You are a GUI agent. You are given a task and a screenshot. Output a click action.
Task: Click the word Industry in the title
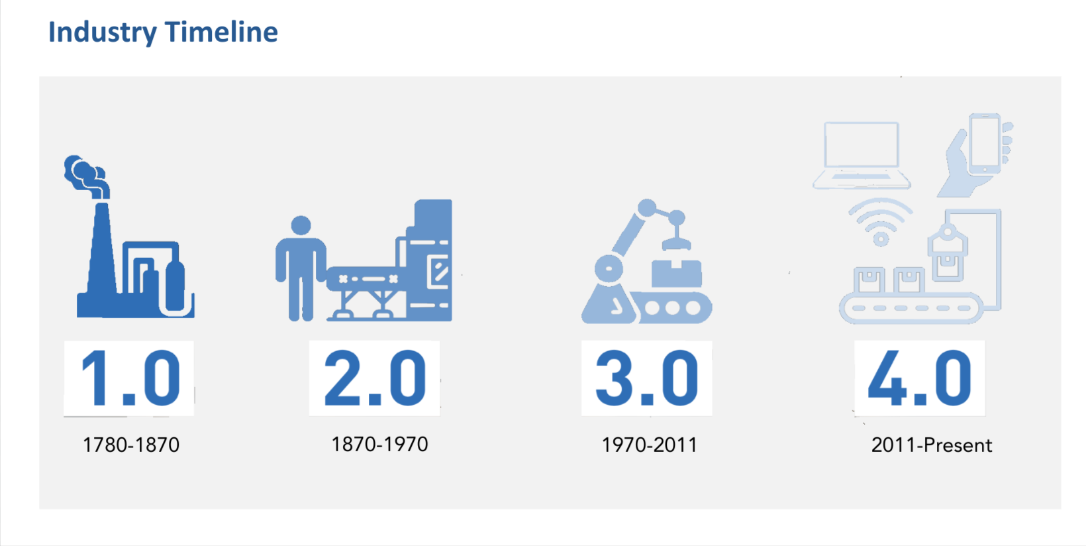(x=103, y=32)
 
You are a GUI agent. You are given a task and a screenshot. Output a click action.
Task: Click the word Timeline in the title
(x=222, y=32)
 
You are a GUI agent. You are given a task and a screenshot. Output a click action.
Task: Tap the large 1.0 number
(x=130, y=378)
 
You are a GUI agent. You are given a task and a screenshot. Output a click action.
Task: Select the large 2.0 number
(x=375, y=378)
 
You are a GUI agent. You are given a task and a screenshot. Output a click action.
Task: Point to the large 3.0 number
(x=647, y=378)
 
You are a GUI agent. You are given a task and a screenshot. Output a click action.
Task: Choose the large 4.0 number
(x=920, y=378)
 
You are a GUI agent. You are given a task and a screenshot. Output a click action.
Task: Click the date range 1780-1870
(x=131, y=445)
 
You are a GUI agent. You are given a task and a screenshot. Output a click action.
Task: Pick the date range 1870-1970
(x=379, y=444)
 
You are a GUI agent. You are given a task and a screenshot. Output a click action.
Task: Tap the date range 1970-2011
(x=649, y=445)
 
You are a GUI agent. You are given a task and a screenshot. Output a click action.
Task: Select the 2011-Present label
(x=931, y=445)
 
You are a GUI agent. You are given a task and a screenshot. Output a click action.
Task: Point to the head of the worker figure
(x=301, y=225)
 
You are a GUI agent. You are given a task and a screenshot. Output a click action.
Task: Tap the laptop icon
(x=862, y=155)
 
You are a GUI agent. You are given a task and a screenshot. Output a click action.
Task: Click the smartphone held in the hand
(x=984, y=144)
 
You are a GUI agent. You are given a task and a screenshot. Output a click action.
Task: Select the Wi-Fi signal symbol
(x=881, y=222)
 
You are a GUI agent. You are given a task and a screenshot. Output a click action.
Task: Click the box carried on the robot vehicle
(x=676, y=273)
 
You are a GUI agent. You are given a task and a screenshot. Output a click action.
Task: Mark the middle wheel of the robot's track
(x=672, y=307)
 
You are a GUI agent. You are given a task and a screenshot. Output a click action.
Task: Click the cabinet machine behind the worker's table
(x=430, y=260)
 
